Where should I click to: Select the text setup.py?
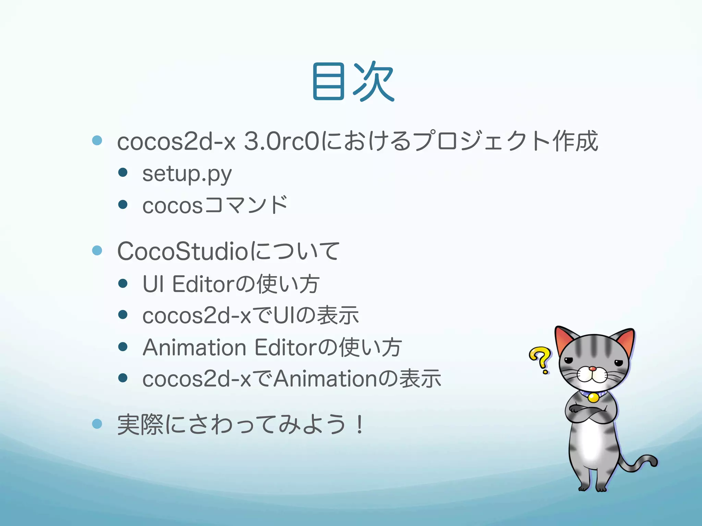tap(187, 174)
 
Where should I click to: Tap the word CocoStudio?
tap(182, 251)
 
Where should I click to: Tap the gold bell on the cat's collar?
tap(593, 397)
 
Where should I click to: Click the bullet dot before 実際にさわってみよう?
tap(97, 424)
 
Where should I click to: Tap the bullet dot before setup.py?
tap(123, 172)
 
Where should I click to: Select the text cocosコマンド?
tap(215, 205)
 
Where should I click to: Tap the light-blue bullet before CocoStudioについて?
tap(97, 250)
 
